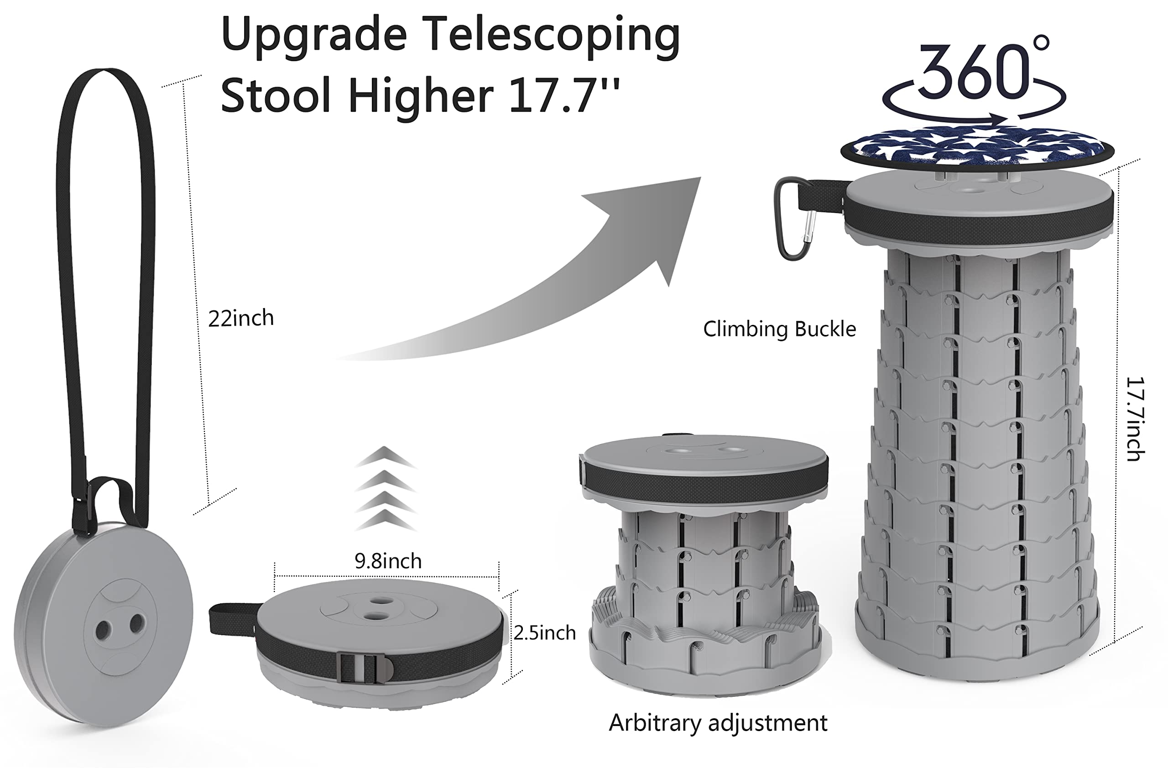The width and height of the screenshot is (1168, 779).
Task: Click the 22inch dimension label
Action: tap(241, 318)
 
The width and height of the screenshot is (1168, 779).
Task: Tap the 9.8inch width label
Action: tap(388, 561)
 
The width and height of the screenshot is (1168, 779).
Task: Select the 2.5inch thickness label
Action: tap(545, 633)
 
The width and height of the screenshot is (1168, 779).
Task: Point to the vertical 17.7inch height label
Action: tap(1135, 419)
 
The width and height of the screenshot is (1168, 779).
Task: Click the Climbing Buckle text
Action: tap(779, 329)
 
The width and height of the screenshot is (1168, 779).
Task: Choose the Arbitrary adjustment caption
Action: tap(718, 723)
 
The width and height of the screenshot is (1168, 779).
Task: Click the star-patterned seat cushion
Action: tap(977, 147)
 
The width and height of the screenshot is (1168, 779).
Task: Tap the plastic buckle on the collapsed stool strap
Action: tap(365, 668)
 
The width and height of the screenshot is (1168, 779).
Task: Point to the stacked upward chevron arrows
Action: tap(386, 488)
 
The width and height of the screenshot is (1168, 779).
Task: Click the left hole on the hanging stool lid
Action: tap(103, 629)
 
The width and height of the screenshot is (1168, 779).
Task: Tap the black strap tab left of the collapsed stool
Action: tap(234, 619)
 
